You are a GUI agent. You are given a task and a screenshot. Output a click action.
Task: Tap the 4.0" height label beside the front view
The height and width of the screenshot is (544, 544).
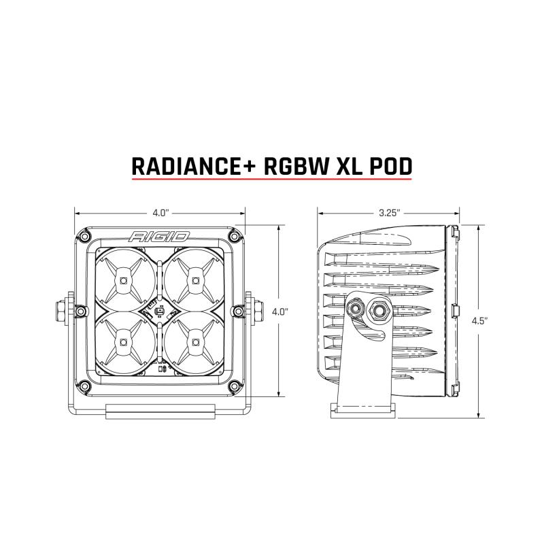[x=279, y=311]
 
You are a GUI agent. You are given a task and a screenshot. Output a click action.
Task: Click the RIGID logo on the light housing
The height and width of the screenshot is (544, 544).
[x=159, y=237]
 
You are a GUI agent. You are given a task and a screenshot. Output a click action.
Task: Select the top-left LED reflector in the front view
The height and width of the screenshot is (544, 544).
[x=123, y=279]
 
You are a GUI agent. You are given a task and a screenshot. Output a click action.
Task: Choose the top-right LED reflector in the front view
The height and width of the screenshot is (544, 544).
[x=195, y=279]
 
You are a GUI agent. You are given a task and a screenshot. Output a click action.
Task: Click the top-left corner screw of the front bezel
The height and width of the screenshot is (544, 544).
[x=84, y=236]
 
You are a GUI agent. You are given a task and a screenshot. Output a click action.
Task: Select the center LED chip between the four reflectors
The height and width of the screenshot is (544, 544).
[x=159, y=311]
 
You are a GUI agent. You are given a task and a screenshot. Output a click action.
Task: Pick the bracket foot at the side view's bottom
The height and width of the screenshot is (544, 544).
[x=363, y=407]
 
